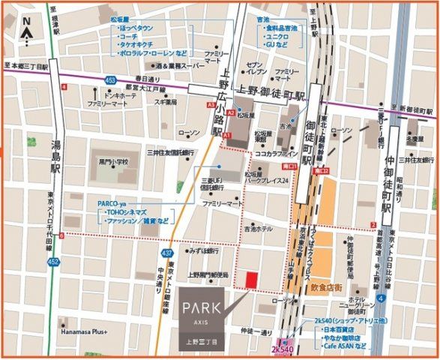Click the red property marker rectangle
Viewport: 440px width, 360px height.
[x=251, y=279]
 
